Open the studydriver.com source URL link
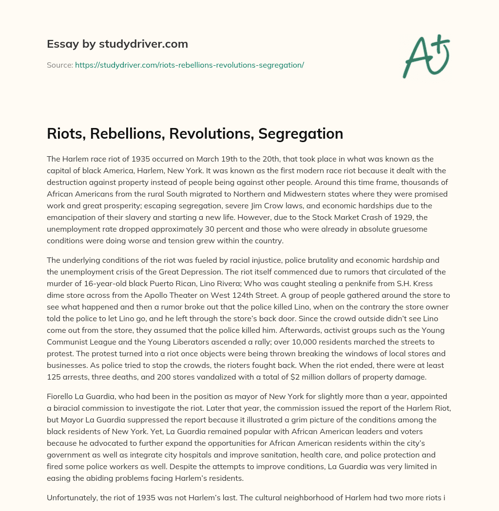pos(189,65)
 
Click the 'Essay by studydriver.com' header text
pos(117,44)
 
